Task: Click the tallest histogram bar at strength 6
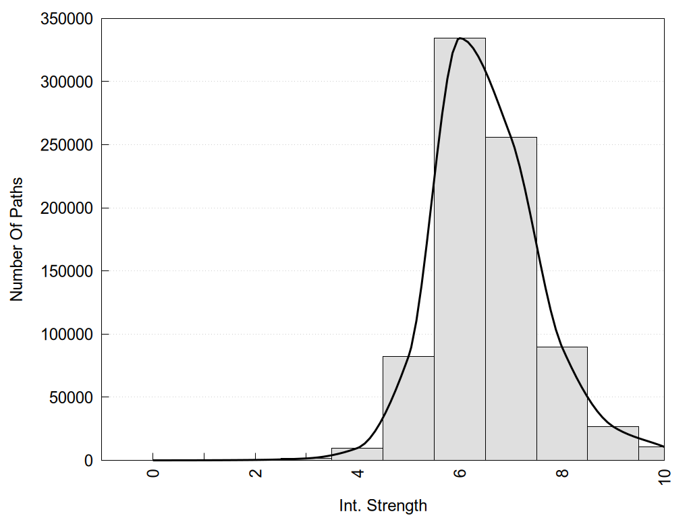click(460, 250)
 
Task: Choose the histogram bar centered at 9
click(613, 443)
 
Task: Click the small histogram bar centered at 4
click(357, 454)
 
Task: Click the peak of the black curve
click(460, 38)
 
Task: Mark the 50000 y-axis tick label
click(71, 397)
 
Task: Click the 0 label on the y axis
click(88, 461)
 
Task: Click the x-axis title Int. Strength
click(383, 505)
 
